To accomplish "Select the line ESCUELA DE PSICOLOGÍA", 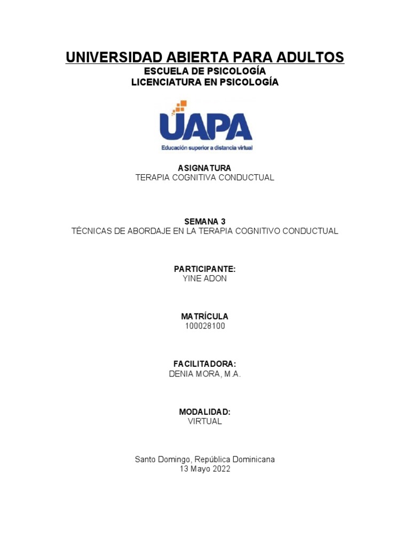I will point(205,71).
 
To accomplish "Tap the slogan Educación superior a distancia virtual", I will point(207,147).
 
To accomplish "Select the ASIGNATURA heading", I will point(205,168).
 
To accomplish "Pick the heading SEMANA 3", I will point(205,221).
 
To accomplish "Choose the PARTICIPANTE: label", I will point(205,269).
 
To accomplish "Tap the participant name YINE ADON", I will point(205,279).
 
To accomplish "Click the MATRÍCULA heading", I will point(205,317).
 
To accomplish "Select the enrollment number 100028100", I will point(205,326).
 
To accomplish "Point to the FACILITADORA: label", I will point(205,364).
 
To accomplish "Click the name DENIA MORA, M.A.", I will point(205,374).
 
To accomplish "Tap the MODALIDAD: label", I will point(205,412).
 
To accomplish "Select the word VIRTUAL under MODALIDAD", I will point(205,421).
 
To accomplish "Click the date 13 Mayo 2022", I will point(205,469).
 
